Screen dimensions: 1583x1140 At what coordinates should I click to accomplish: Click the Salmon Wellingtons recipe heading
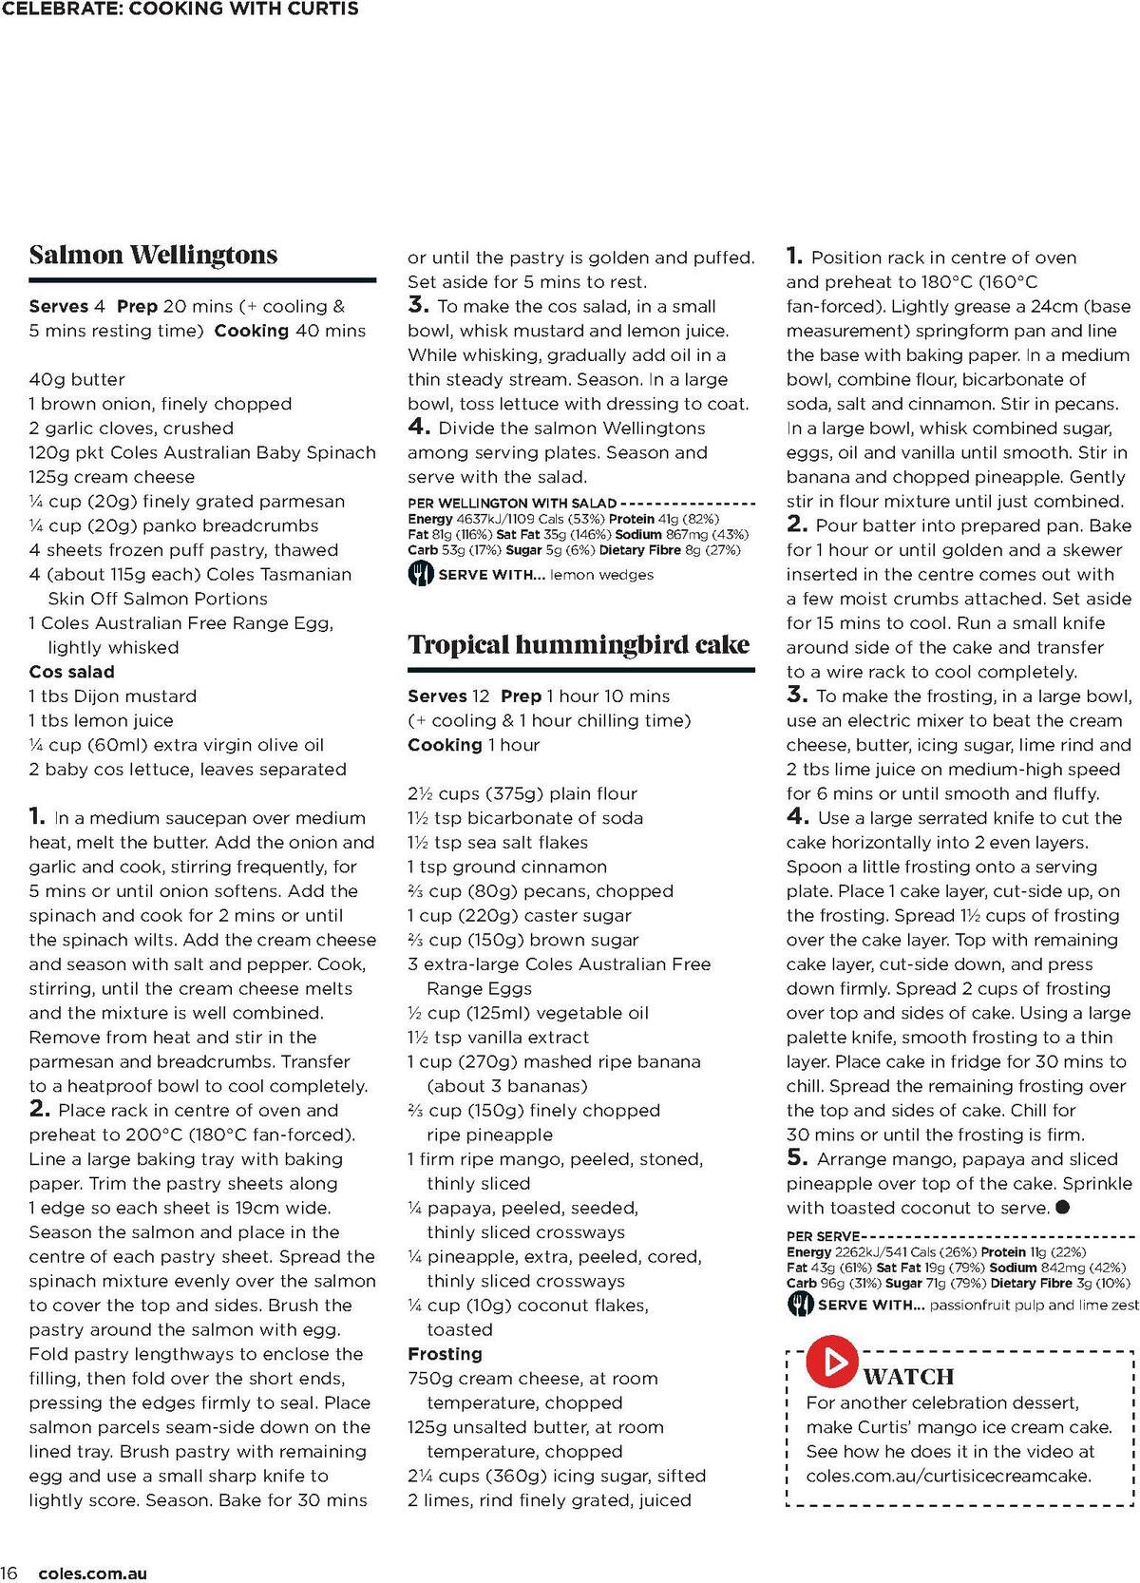pos(153,255)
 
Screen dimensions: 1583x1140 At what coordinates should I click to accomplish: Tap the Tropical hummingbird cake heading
pos(579,644)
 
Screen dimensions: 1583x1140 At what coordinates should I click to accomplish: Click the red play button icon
pos(832,1361)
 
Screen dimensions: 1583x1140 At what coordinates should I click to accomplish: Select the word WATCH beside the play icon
pos(908,1377)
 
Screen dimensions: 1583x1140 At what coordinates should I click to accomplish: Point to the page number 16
pos(9,1573)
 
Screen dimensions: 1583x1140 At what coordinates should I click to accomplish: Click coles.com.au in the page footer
pos(93,1573)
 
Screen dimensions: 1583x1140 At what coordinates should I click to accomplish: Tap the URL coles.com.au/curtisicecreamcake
pos(948,1476)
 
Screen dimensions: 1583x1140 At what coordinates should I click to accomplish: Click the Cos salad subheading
pos(71,672)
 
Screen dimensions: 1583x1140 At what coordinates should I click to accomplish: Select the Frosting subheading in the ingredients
pos(445,1354)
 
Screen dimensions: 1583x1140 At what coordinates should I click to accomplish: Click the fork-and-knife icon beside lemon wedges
pos(420,574)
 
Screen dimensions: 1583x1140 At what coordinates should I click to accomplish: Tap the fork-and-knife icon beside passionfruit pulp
pos(799,1305)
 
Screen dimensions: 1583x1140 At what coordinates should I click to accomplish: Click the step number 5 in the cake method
pos(796,1158)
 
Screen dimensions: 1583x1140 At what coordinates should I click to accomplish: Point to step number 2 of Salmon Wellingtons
pos(39,1109)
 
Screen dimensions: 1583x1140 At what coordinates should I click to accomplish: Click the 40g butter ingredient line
pos(77,379)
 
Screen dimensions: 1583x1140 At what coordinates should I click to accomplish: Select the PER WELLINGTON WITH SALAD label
pos(512,503)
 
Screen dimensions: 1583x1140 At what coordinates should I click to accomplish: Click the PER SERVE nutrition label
pos(822,1236)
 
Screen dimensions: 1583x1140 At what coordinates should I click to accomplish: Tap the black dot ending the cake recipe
pos(1062,1208)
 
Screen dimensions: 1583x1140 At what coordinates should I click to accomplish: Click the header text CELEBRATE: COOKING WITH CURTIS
pos(180,10)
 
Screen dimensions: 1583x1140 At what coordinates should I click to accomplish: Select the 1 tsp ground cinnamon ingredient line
pos(506,867)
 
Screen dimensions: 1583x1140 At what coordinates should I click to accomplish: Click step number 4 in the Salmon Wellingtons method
pos(419,428)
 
